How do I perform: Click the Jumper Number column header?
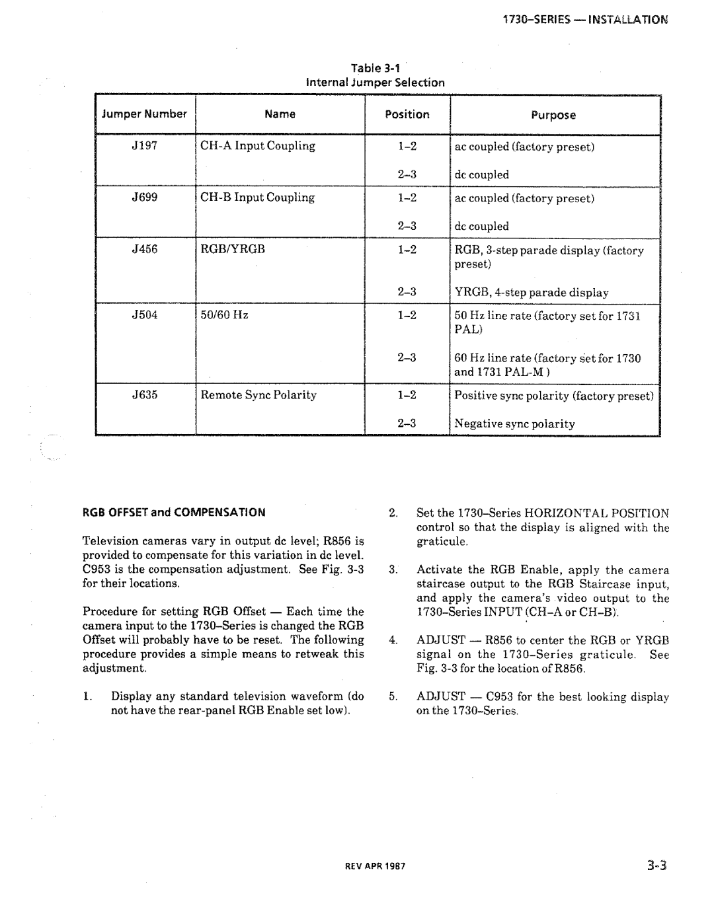click(144, 114)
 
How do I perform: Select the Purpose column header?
click(553, 115)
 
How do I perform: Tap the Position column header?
click(407, 114)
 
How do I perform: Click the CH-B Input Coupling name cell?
click(258, 197)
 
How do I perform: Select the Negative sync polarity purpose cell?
click(514, 424)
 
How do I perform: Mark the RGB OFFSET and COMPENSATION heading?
click(174, 512)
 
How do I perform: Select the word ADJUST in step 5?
click(439, 696)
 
